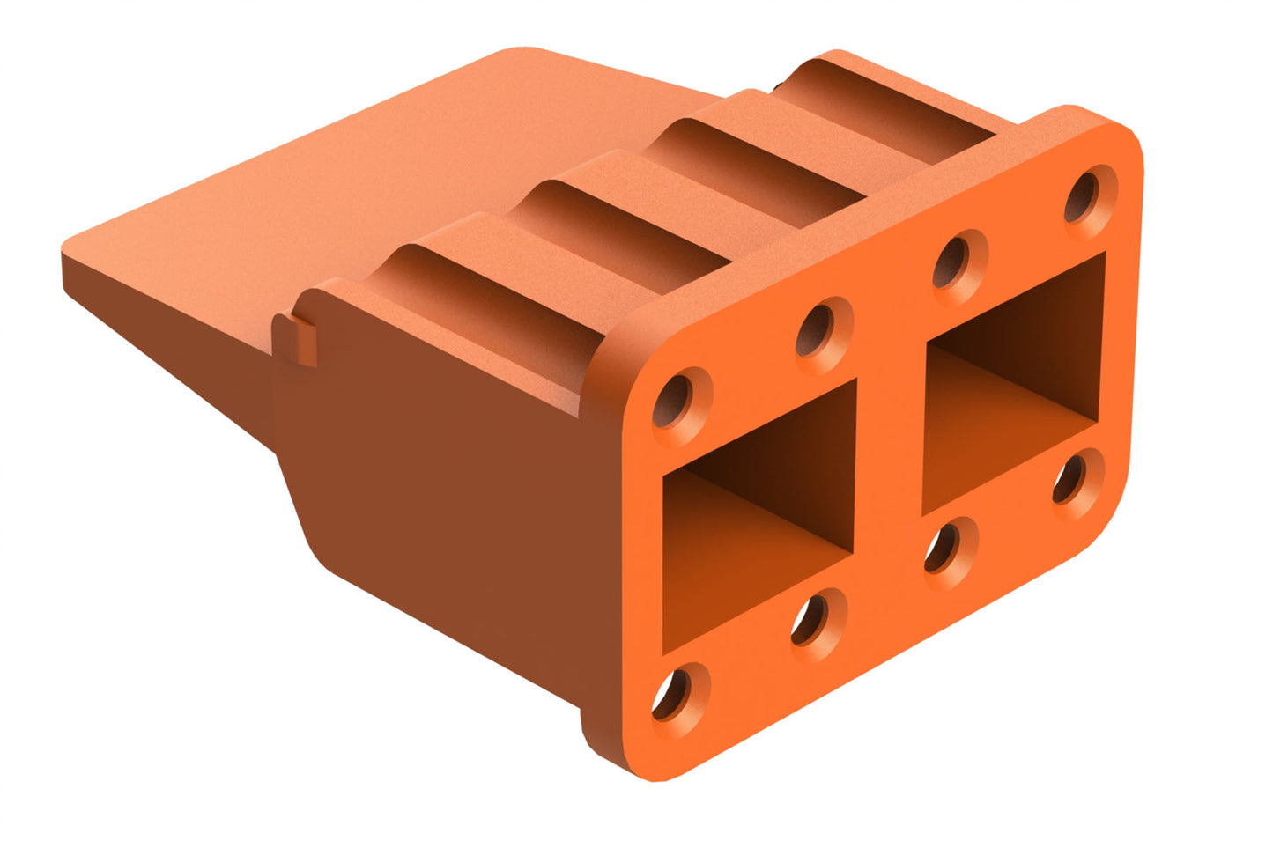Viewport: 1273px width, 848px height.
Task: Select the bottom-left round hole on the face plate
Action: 677,692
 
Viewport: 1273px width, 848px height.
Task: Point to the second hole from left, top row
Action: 821,328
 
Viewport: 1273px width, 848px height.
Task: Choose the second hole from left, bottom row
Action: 816,619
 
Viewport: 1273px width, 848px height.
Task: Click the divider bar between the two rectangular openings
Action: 890,449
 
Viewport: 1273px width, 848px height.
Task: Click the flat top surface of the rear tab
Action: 352,176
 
